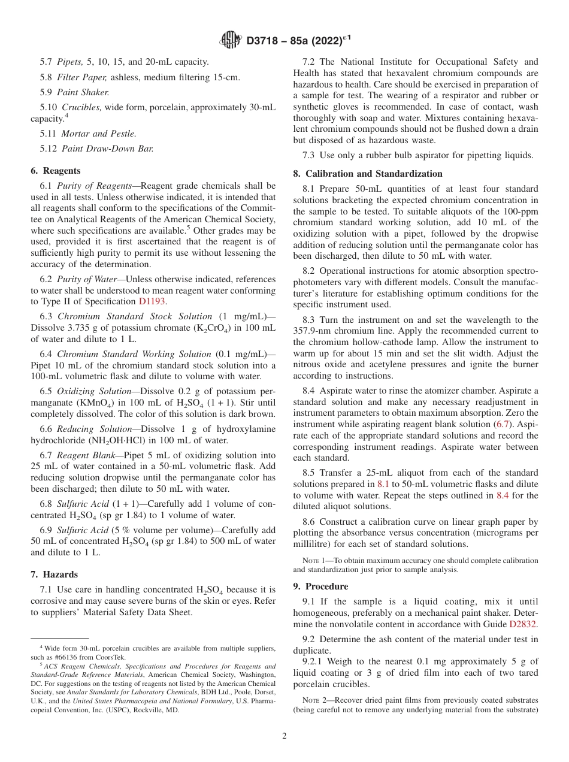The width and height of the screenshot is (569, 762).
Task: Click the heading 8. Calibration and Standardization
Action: [x=368, y=174]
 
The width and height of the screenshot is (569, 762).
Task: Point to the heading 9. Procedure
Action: [x=320, y=586]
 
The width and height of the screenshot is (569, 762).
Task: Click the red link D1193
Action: [x=152, y=301]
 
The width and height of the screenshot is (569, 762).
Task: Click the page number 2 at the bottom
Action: [x=284, y=736]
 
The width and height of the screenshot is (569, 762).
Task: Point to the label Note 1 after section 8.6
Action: [x=316, y=561]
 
